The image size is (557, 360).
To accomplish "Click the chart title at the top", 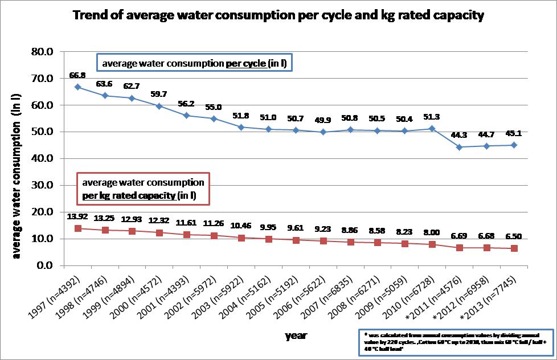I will (x=278, y=15).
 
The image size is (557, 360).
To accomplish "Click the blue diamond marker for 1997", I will (x=77, y=87).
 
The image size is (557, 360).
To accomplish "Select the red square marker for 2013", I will (x=514, y=248).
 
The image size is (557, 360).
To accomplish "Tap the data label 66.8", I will (x=77, y=75).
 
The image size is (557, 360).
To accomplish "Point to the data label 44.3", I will (x=459, y=135).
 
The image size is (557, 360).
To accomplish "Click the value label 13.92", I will (x=77, y=216).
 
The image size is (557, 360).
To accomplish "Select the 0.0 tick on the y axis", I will (x=44, y=265).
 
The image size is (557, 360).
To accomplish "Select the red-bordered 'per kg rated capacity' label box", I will (x=142, y=188).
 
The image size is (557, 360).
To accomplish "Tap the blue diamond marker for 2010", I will (x=432, y=128).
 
